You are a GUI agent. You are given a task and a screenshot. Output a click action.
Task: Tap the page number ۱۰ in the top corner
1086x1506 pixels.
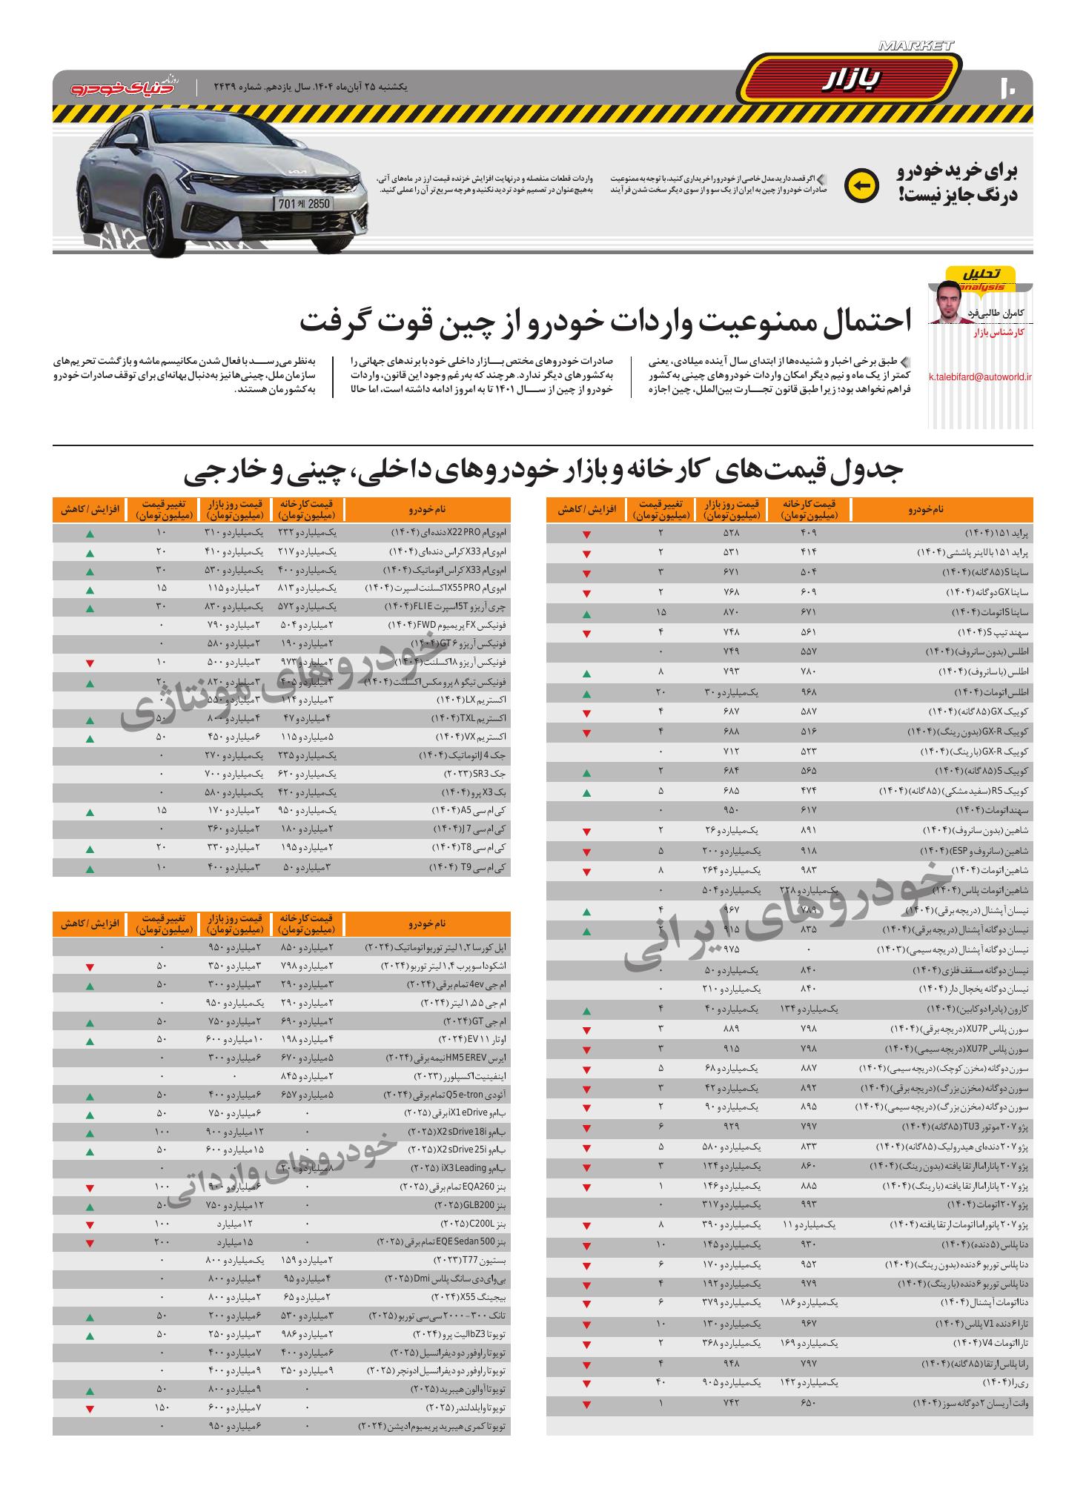coord(1010,87)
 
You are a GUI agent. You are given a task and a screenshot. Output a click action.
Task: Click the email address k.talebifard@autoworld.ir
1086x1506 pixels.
coord(980,376)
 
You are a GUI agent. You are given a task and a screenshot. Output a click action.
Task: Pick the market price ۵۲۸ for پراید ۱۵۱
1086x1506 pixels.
coord(731,533)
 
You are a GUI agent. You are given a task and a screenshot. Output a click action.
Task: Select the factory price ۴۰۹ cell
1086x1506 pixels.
coord(809,533)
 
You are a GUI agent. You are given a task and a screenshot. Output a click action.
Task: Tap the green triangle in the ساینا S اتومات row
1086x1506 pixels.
coord(586,614)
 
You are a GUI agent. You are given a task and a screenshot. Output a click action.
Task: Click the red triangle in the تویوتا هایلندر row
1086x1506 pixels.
coord(90,1409)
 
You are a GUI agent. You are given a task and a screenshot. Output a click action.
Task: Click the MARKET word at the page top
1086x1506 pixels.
coord(916,46)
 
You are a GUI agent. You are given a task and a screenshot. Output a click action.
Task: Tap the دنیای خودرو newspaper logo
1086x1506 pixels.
coord(125,87)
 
